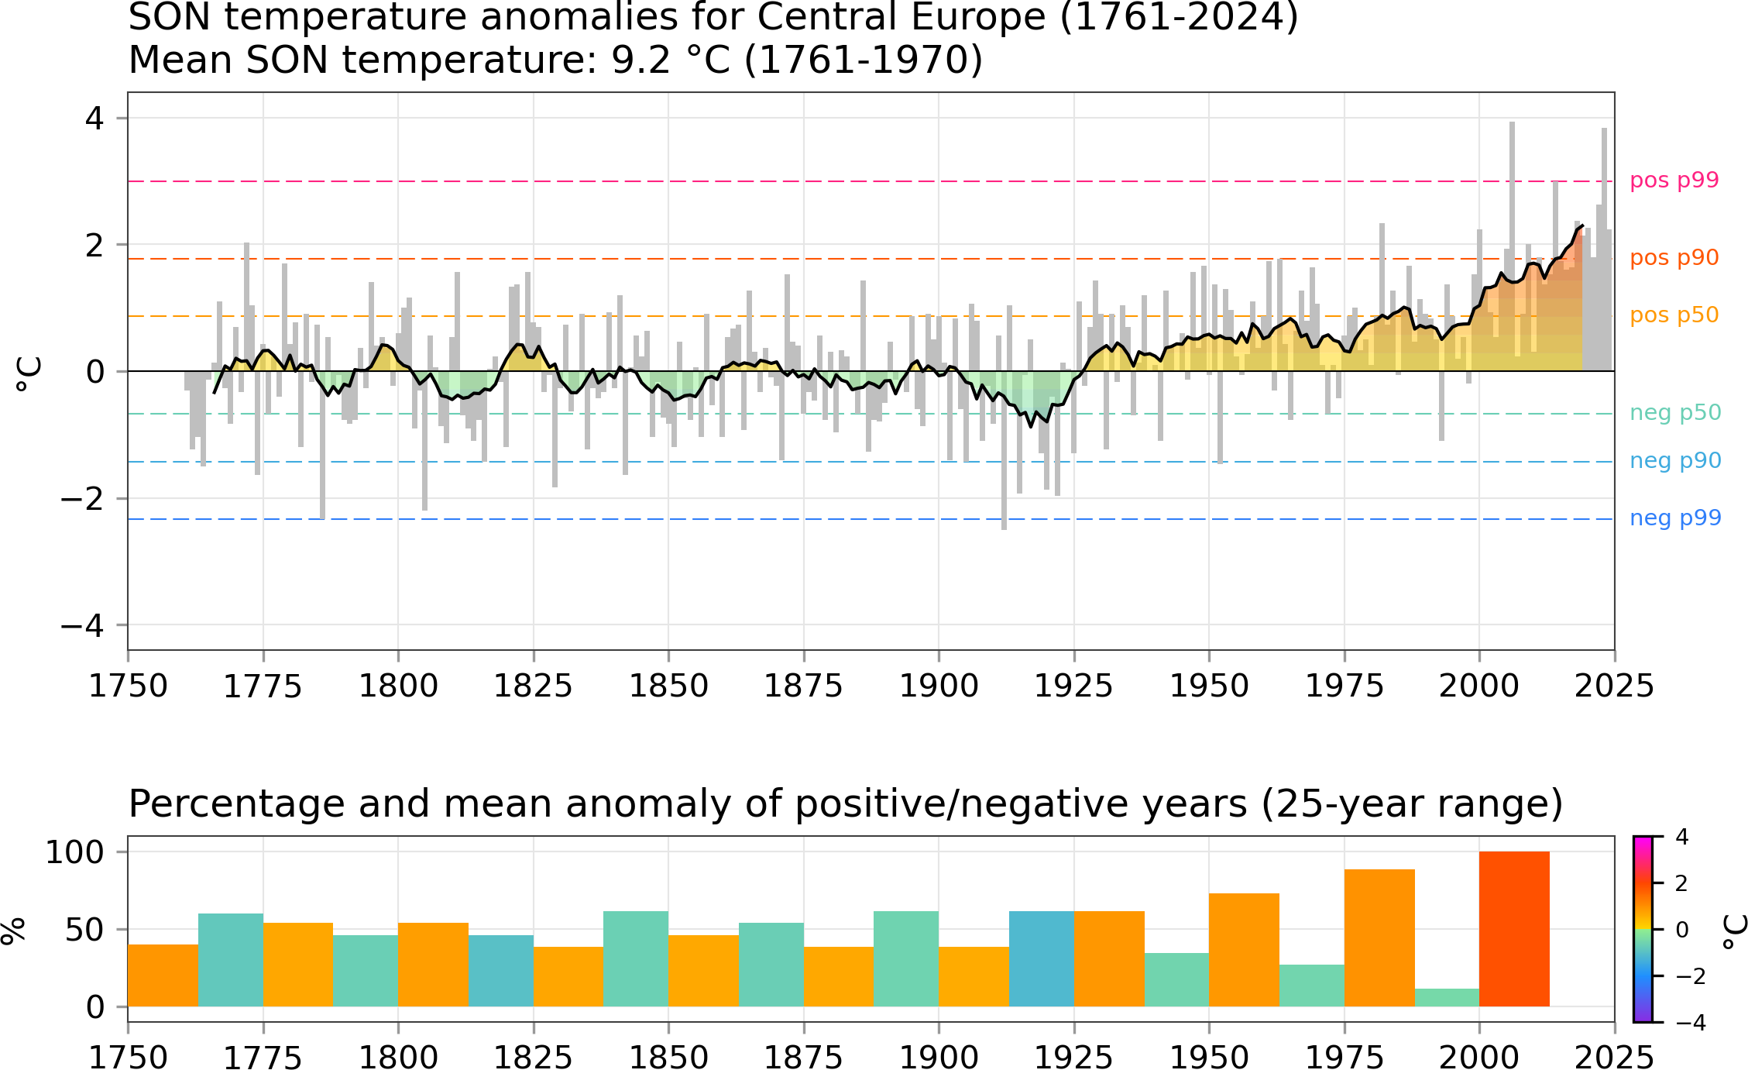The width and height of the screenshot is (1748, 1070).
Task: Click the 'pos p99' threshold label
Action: tap(1674, 181)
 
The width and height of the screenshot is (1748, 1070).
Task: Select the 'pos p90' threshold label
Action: tap(1674, 258)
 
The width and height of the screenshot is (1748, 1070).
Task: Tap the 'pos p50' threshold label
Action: tap(1674, 315)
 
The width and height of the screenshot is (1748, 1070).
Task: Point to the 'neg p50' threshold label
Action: tap(1675, 413)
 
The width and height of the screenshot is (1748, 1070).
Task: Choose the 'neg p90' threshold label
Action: tap(1675, 461)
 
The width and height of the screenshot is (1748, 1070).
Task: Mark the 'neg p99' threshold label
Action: tap(1675, 518)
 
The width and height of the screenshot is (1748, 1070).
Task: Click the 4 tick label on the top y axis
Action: tap(94, 119)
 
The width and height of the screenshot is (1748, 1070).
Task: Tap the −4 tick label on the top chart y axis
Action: tap(83, 625)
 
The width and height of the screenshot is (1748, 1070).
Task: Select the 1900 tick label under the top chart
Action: tap(939, 686)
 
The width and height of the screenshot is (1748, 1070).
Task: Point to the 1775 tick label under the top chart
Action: tap(263, 686)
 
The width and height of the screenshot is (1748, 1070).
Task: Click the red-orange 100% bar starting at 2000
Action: tap(1514, 929)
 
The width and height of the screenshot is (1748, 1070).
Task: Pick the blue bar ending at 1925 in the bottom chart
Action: tap(1042, 959)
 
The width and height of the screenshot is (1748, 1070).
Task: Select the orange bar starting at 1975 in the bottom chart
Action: tap(1379, 938)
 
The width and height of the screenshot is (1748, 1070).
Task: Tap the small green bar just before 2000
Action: tap(1447, 998)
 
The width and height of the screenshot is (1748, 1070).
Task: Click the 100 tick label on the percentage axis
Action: tap(75, 852)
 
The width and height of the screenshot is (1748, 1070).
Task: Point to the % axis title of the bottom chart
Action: tap(14, 930)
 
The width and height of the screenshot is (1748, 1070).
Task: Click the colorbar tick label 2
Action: tap(1681, 883)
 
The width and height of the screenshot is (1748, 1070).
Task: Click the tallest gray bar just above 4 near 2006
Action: tap(1512, 246)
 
